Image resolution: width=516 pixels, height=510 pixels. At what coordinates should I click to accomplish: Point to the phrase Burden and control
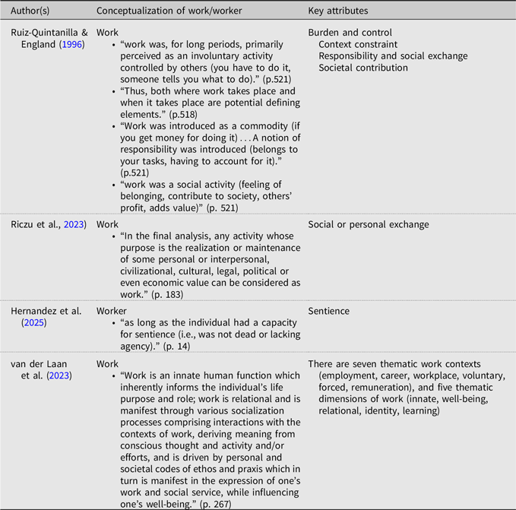click(x=350, y=33)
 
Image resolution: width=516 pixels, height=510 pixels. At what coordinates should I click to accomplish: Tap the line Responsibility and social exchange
click(x=393, y=56)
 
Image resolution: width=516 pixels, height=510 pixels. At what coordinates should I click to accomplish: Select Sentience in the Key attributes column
click(x=329, y=311)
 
